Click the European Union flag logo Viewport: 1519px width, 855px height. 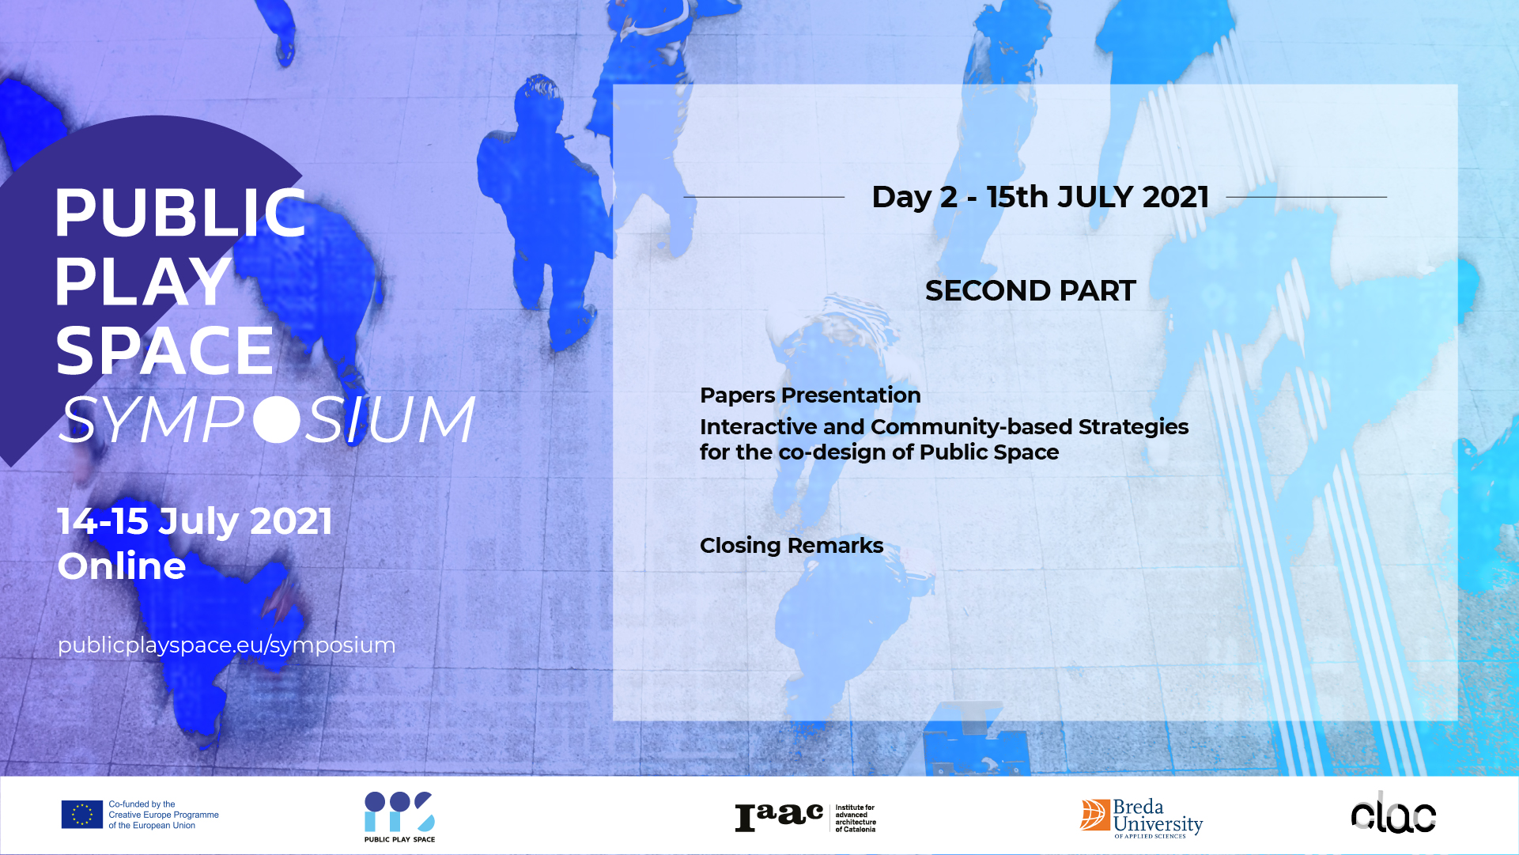(82, 815)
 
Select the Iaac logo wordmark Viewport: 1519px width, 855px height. (780, 818)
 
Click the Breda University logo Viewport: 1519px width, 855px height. (1141, 818)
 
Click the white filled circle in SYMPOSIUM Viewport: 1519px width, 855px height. (278, 419)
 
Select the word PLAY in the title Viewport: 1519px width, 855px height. (142, 282)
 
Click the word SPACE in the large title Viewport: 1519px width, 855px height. (164, 350)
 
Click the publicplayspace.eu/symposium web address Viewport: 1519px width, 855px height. (226, 645)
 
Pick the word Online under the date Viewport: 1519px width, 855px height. (122, 566)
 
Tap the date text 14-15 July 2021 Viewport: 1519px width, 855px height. (195, 521)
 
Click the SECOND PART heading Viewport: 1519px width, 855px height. (1030, 291)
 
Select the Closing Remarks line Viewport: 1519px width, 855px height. (792, 546)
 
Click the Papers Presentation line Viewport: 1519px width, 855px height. (811, 395)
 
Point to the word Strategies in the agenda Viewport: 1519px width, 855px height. (1133, 427)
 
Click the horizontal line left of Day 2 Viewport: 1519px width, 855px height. (764, 197)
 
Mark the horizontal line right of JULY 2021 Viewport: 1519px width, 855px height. (1306, 197)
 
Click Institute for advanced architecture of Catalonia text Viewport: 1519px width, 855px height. (856, 819)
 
